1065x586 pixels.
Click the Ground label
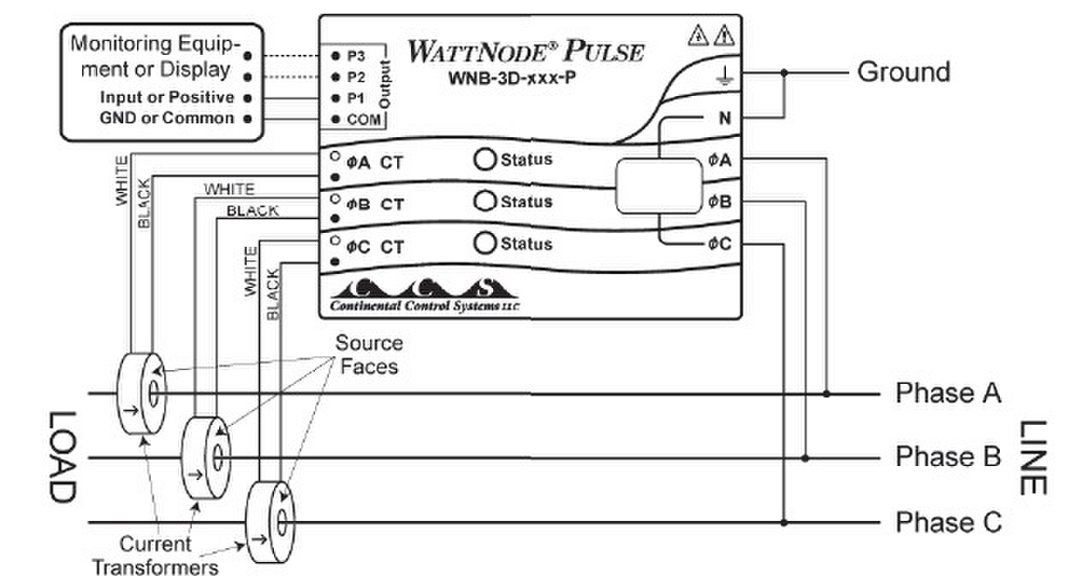tap(903, 72)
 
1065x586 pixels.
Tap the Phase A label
tap(948, 393)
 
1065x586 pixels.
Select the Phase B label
tap(948, 457)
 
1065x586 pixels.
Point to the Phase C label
tap(948, 522)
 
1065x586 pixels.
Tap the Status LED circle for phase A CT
tap(486, 159)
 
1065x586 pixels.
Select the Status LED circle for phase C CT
tap(486, 243)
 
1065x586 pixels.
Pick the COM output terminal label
tap(363, 121)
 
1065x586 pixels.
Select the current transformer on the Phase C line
tap(269, 522)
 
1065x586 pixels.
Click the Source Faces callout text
tap(368, 355)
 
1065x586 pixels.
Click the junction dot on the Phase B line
tap(805, 458)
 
